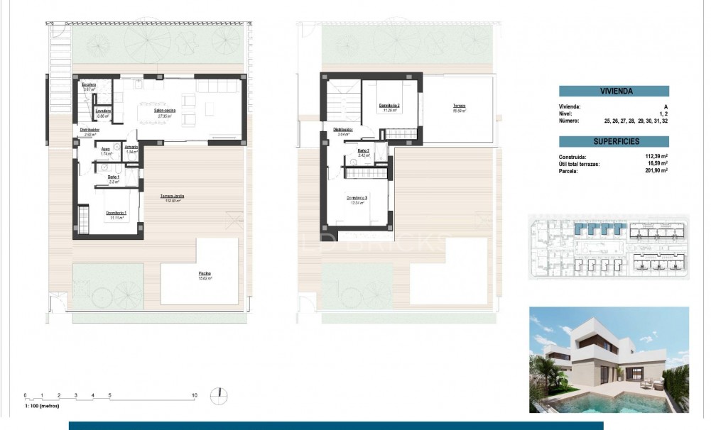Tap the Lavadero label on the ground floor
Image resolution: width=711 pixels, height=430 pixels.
102,111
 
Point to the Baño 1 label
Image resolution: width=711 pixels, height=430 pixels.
113,177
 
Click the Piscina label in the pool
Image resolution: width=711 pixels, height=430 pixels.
205,274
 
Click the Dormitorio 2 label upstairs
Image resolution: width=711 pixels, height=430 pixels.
389,106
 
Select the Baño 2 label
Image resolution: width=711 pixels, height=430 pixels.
363,150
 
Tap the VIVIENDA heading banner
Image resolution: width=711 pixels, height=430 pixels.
614,91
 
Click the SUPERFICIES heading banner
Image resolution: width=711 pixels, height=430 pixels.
614,142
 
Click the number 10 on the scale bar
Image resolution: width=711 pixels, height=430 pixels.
194,395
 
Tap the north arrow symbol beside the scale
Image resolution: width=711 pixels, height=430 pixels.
222,394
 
